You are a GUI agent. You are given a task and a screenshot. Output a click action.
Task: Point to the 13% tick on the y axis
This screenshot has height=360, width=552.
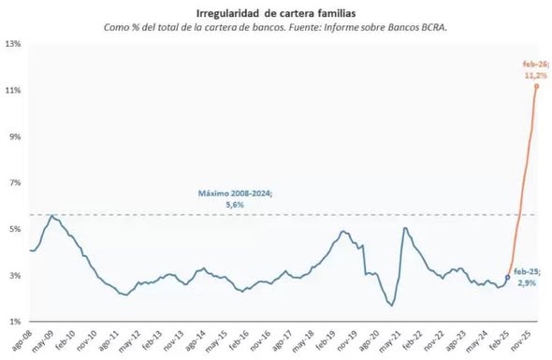[x=13, y=44]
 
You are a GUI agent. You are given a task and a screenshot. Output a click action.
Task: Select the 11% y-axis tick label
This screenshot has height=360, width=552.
[x=13, y=91]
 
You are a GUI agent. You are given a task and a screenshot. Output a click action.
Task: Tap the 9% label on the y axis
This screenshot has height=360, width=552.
[x=15, y=137]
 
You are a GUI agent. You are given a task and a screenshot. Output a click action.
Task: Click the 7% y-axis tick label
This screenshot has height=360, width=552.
[x=15, y=183]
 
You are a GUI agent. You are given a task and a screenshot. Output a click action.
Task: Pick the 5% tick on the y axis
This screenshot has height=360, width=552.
[x=15, y=229]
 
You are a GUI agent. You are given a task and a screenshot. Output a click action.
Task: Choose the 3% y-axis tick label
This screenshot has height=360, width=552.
[x=15, y=276]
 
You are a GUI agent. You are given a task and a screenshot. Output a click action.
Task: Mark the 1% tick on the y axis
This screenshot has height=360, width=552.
[x=15, y=322]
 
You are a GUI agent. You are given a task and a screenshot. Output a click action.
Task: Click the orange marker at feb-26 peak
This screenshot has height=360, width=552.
[x=536, y=86]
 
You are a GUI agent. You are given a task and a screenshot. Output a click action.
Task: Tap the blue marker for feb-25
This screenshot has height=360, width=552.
[x=508, y=278]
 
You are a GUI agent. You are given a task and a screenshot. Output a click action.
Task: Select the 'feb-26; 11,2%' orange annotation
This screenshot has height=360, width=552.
[x=533, y=68]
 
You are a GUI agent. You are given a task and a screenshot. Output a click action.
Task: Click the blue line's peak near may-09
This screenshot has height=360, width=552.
[x=53, y=216]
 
